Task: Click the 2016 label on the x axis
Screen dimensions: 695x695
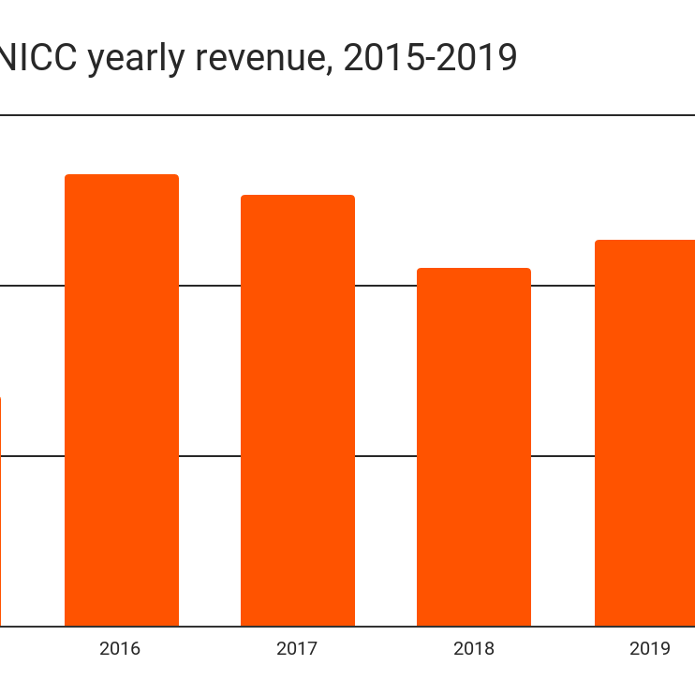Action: pos(120,648)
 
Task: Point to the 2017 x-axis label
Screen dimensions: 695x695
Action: pos(297,648)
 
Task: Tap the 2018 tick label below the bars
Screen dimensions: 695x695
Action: pos(473,648)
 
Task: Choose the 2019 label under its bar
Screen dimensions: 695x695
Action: pos(649,648)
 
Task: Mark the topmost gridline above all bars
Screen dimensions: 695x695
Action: pos(375,115)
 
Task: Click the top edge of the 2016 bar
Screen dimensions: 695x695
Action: pos(121,175)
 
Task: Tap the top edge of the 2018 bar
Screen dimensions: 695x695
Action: pos(474,269)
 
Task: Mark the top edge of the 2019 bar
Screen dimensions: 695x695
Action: pos(646,241)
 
